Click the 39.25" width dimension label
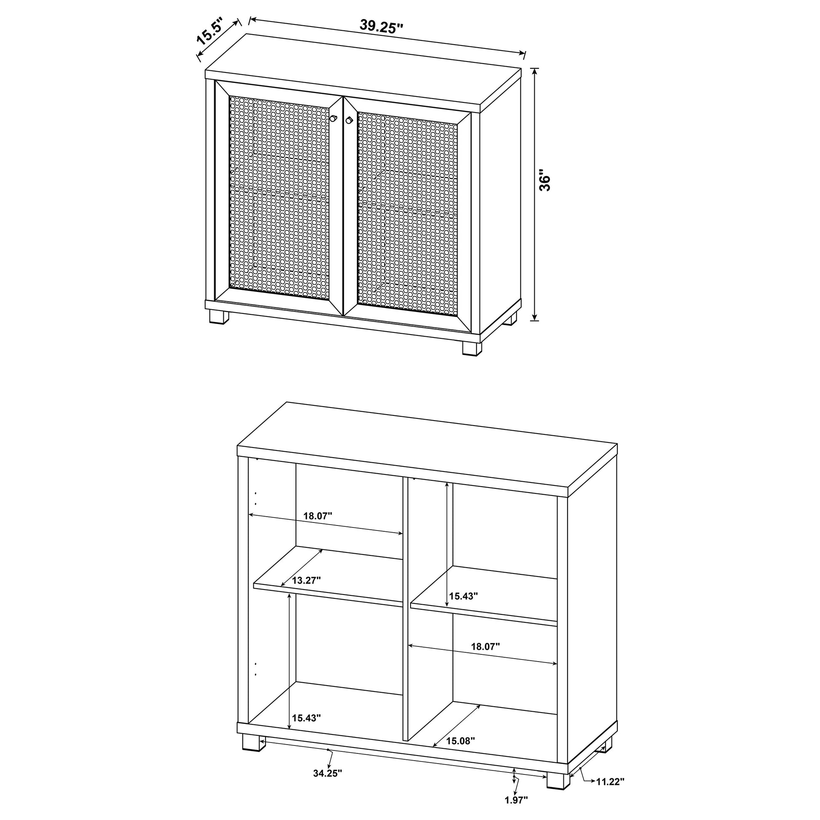(x=381, y=27)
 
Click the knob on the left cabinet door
(x=334, y=118)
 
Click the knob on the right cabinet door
(x=349, y=120)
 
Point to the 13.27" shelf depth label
(x=306, y=580)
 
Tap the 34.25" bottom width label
(x=328, y=785)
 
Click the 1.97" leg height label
(x=516, y=812)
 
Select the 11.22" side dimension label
(x=610, y=793)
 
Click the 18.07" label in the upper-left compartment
(x=317, y=516)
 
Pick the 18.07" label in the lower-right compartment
(x=485, y=658)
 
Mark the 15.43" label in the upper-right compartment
(x=464, y=596)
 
